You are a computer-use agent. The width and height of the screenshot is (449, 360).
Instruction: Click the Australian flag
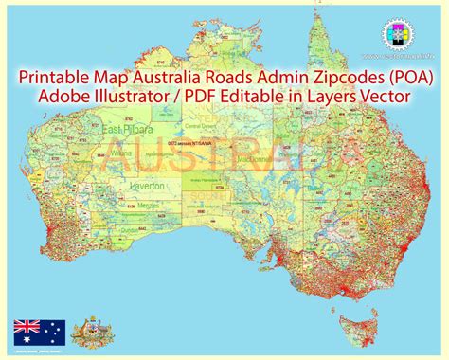click(39, 333)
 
